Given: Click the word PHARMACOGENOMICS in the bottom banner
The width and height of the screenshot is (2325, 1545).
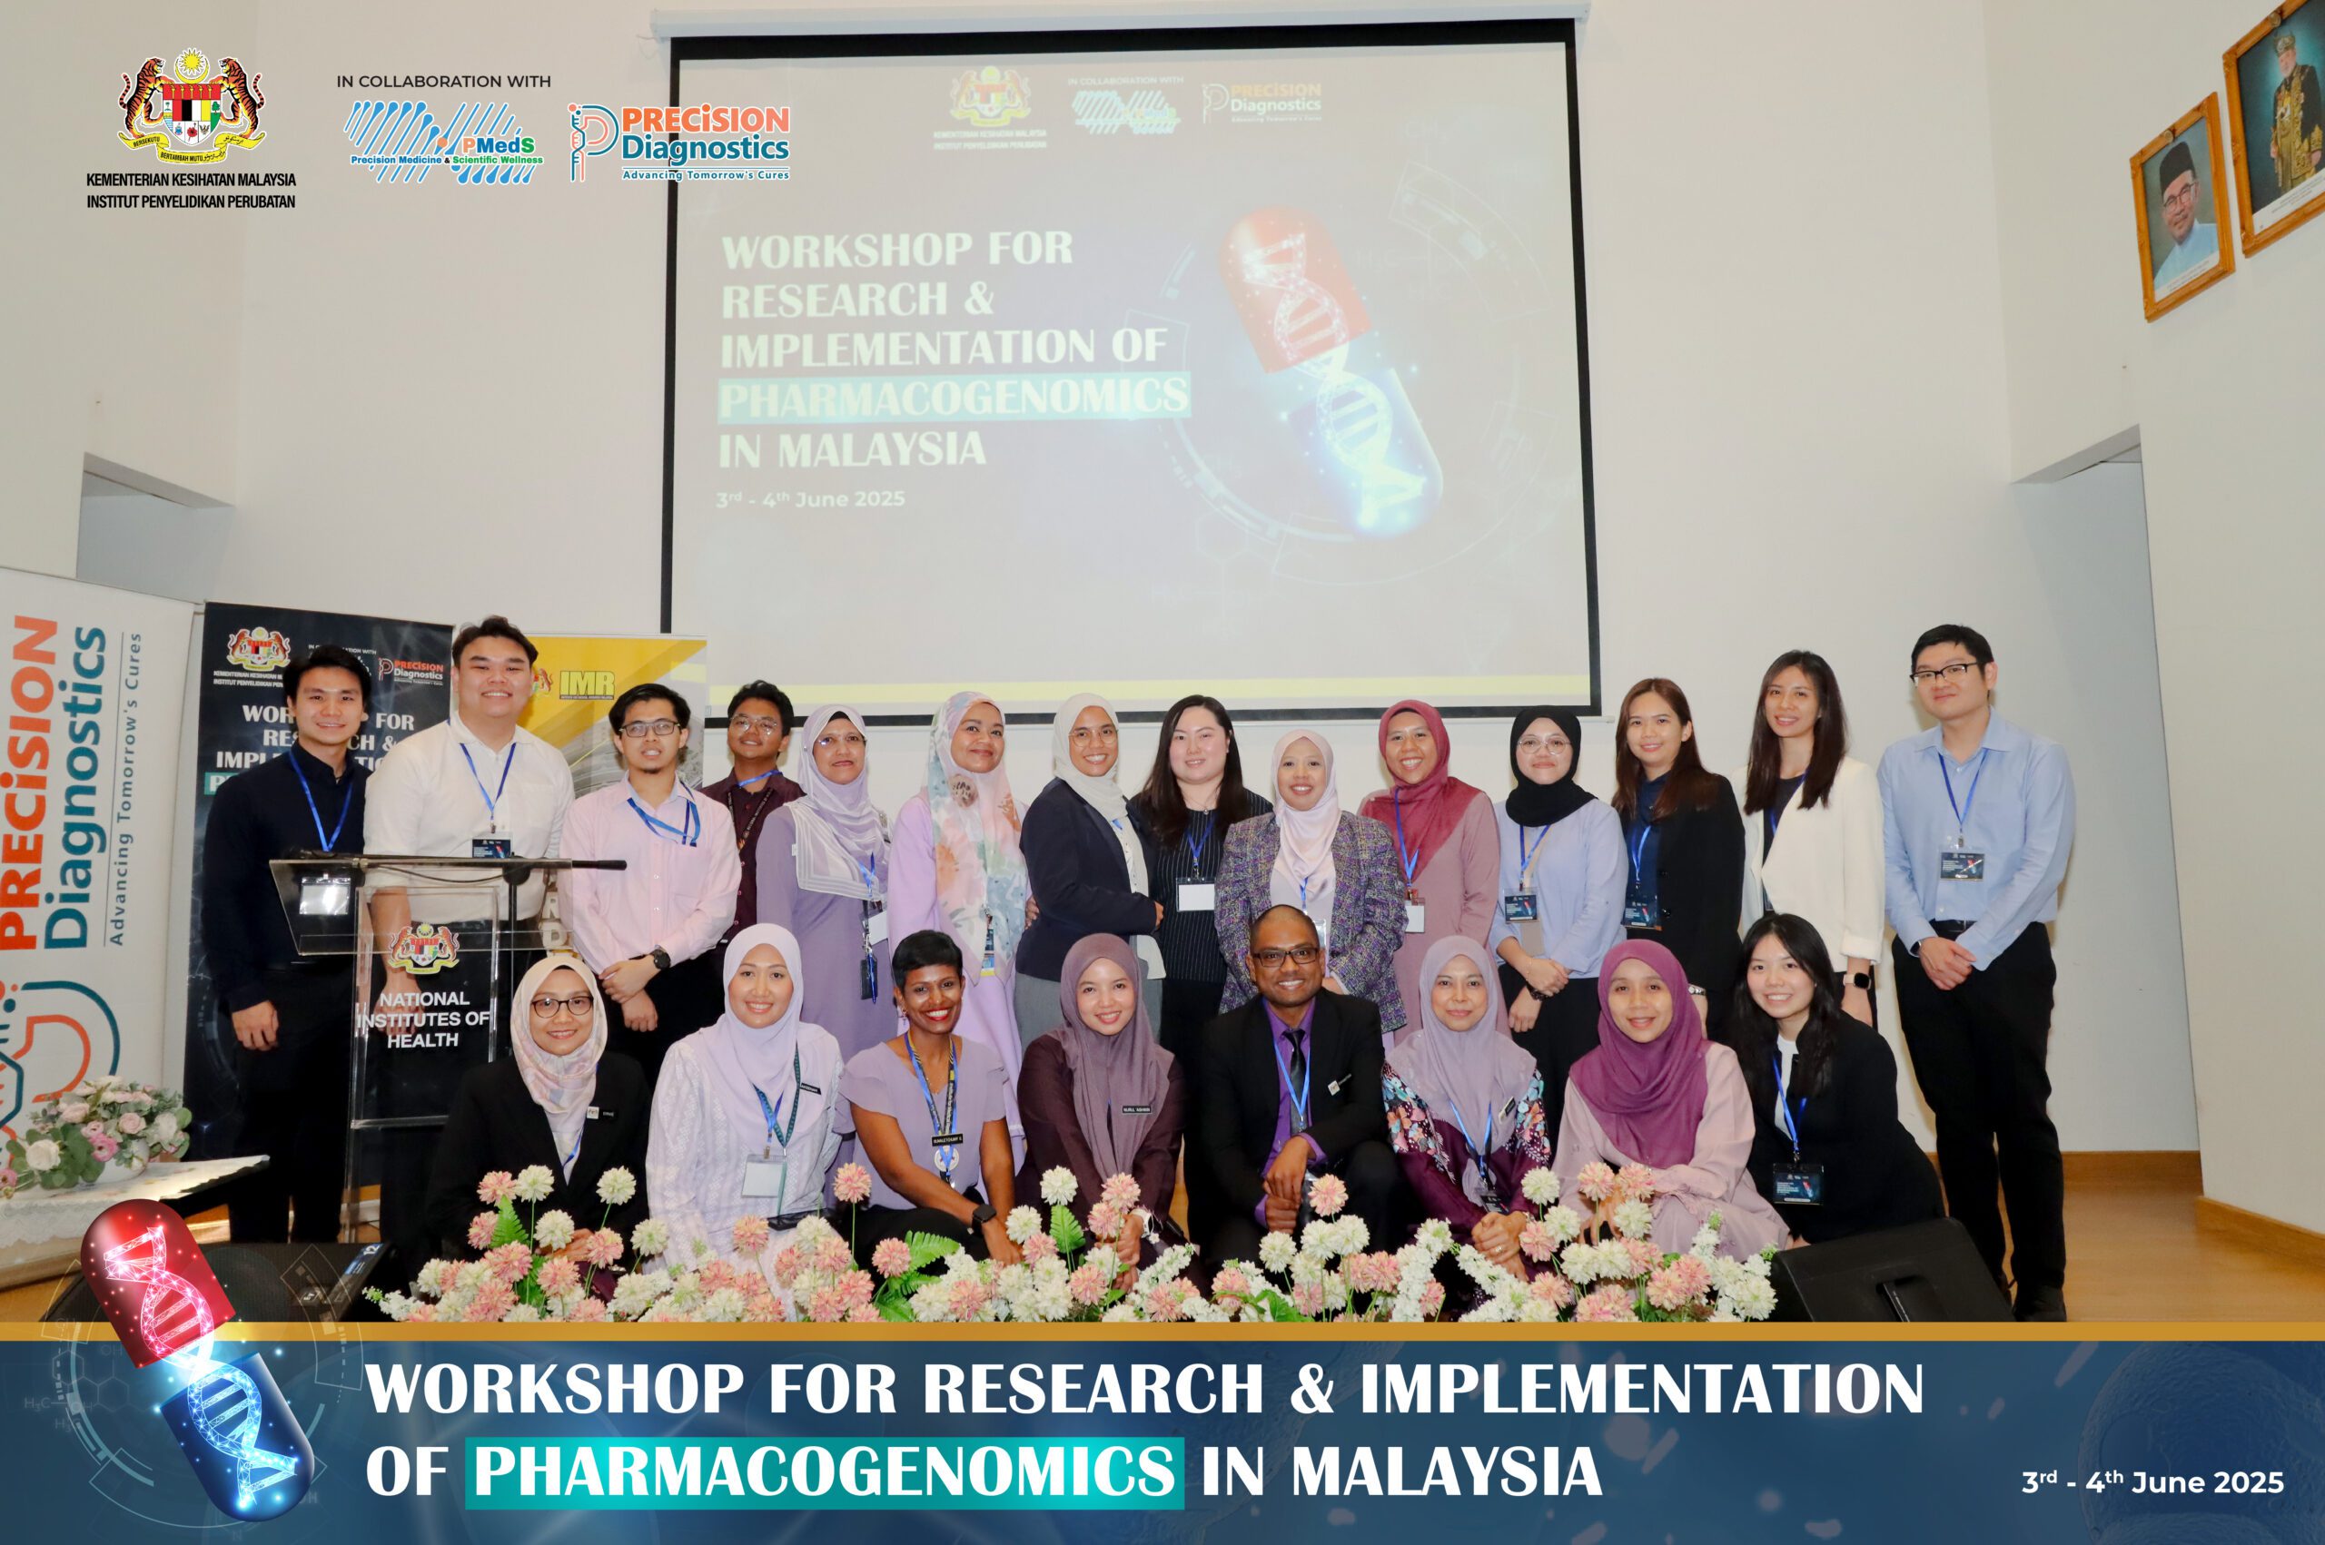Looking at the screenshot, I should (824, 1472).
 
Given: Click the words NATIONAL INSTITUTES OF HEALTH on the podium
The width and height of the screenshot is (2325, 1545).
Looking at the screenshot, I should (423, 1019).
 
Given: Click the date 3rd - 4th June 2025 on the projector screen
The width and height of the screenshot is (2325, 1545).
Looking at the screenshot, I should (810, 498).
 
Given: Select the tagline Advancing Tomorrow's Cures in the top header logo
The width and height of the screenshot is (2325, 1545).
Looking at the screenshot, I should (705, 174).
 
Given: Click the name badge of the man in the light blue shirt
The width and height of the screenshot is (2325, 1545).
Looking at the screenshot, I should (1962, 864).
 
